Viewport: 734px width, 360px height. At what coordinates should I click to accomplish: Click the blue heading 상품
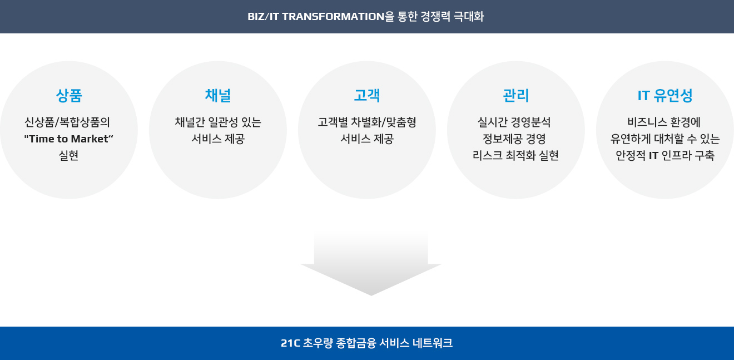69,96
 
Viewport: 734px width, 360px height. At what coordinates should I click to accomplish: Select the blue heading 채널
218,96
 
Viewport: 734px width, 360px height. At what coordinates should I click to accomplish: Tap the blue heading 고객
367,96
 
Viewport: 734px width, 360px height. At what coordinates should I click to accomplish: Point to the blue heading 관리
516,96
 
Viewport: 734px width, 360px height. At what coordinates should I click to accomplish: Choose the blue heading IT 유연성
665,96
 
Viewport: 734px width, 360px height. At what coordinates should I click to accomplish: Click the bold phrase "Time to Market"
68,139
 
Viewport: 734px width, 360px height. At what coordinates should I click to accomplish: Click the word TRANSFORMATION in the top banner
333,16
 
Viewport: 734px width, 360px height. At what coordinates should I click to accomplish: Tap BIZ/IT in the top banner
263,16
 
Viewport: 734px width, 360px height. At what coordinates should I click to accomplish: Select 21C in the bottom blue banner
291,343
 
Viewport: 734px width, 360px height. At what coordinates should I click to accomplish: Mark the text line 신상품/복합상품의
67,122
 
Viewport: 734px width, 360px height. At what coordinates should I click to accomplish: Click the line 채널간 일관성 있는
218,122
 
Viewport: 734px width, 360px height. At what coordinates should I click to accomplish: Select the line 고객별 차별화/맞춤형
367,122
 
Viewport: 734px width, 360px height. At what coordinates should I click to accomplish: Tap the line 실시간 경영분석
514,122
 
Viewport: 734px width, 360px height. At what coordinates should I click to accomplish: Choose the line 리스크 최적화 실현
515,155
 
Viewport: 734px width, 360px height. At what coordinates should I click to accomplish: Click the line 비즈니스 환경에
664,122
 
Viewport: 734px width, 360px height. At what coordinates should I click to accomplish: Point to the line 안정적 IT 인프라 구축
665,155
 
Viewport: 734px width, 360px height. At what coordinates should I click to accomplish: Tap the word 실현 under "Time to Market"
68,155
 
